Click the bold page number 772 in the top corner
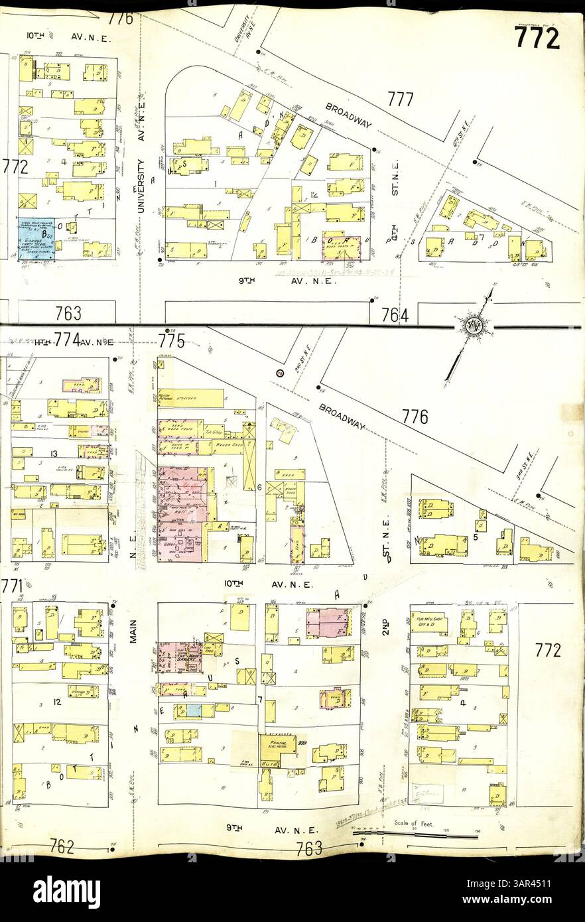tap(537, 38)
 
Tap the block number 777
tap(401, 99)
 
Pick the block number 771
tap(13, 586)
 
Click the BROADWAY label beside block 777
tap(348, 114)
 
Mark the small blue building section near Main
tap(194, 710)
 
